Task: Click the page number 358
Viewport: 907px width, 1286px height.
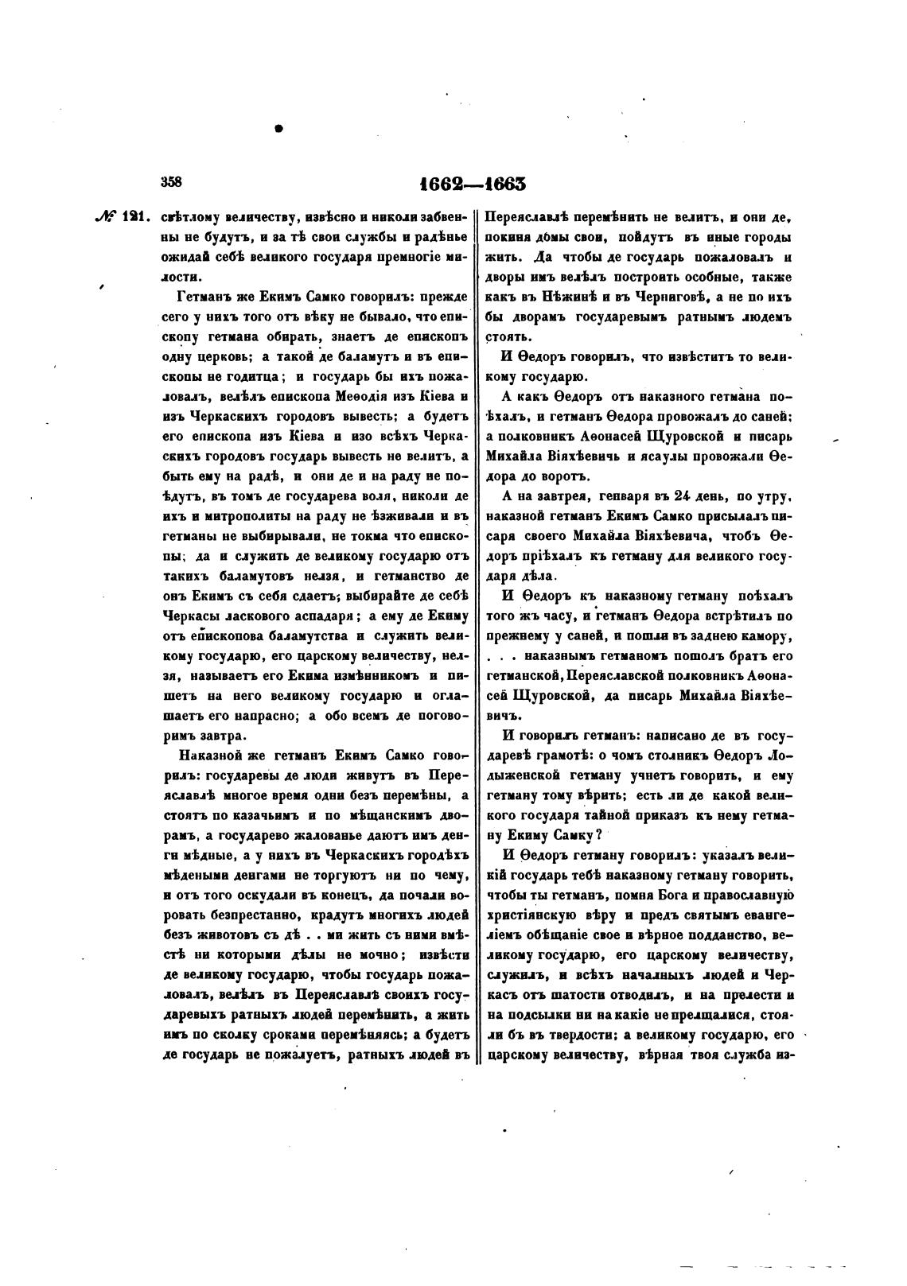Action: [172, 181]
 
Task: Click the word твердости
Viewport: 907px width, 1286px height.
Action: [571, 1036]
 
